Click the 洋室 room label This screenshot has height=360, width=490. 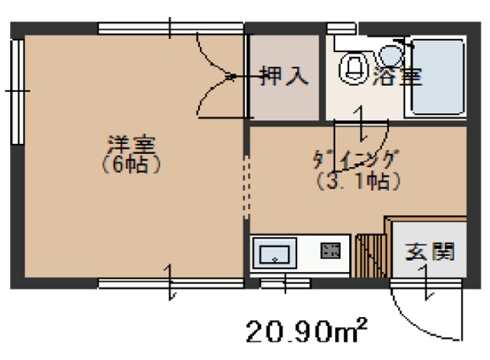[128, 143]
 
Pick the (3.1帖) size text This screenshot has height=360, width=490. [357, 182]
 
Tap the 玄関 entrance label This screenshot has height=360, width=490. [430, 251]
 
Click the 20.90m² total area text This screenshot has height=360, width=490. [305, 332]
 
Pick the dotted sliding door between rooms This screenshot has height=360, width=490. [247, 187]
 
